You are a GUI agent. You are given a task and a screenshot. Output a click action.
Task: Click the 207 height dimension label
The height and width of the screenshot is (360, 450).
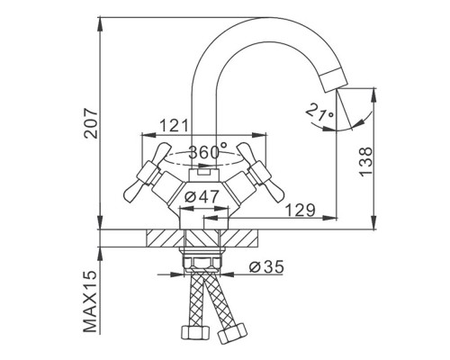[x=91, y=123]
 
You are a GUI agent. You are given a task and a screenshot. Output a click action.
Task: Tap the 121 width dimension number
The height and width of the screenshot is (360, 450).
[x=174, y=126]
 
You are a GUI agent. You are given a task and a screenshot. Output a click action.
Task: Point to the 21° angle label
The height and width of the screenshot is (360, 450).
[x=319, y=112]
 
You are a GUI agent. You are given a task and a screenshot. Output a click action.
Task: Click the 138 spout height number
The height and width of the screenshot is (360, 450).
[x=365, y=162]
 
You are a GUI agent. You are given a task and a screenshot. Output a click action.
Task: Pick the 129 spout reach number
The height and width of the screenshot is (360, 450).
[x=301, y=210]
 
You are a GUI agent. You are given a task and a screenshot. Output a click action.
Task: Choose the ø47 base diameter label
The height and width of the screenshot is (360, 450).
[x=202, y=197]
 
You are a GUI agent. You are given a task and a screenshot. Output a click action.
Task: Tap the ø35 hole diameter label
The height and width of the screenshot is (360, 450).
[x=266, y=266]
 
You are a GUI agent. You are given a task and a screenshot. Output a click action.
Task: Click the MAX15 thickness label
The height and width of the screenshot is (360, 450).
[x=91, y=301]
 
